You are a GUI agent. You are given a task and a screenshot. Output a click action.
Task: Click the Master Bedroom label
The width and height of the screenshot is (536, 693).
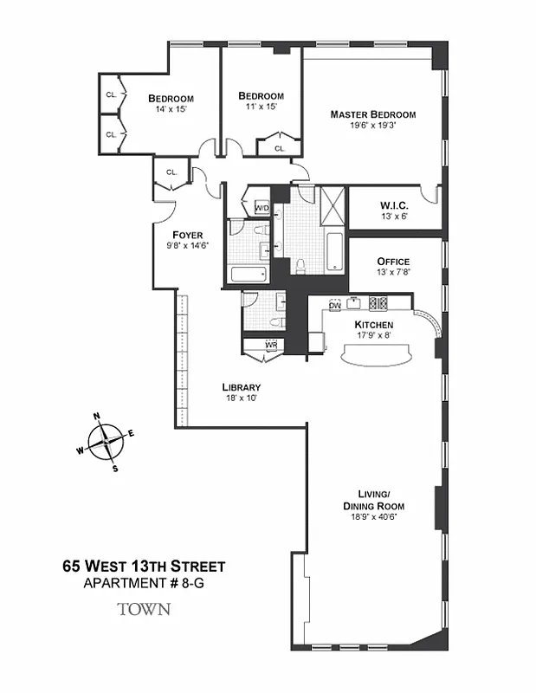tap(373, 114)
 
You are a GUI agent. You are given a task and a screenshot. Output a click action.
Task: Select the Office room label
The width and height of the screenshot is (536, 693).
tap(392, 262)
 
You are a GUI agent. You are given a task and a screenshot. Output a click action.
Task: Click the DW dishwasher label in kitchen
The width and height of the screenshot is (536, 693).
tap(335, 305)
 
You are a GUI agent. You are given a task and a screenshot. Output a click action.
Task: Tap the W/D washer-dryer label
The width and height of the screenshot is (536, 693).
tap(262, 208)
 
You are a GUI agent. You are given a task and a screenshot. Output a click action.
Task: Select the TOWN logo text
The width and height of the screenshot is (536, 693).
tap(144, 609)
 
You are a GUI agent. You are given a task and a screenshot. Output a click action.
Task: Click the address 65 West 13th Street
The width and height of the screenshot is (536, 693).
tap(144, 567)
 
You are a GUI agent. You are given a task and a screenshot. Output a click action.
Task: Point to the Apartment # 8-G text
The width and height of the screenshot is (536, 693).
tap(144, 584)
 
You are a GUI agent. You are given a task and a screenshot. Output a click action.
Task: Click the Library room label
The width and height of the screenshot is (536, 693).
tap(241, 387)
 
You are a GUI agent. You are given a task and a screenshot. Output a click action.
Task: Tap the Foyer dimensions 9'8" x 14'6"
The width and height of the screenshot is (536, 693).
tap(187, 246)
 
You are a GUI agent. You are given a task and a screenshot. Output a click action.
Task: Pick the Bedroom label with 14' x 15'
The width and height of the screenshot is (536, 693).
tap(171, 98)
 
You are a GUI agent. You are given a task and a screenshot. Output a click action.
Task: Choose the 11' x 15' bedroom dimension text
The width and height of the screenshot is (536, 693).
tap(261, 107)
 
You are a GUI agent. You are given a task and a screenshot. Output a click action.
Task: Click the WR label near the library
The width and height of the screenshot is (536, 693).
tap(271, 345)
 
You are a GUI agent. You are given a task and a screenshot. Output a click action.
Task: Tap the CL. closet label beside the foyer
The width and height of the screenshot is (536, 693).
tap(171, 172)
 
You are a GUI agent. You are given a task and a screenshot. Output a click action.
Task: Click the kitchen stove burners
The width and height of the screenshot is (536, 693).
tap(378, 304)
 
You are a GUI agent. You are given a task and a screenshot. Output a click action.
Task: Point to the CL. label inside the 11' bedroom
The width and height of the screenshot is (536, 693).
tap(280, 148)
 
